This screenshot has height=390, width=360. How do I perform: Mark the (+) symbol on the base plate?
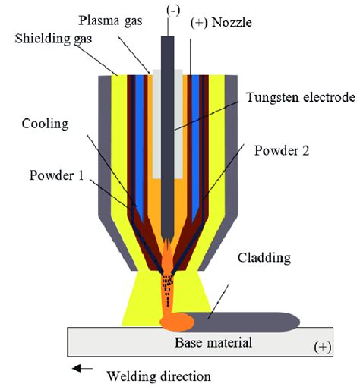(323, 347)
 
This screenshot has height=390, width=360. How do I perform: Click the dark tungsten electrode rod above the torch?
(168, 46)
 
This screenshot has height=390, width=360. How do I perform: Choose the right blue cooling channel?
(196, 137)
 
